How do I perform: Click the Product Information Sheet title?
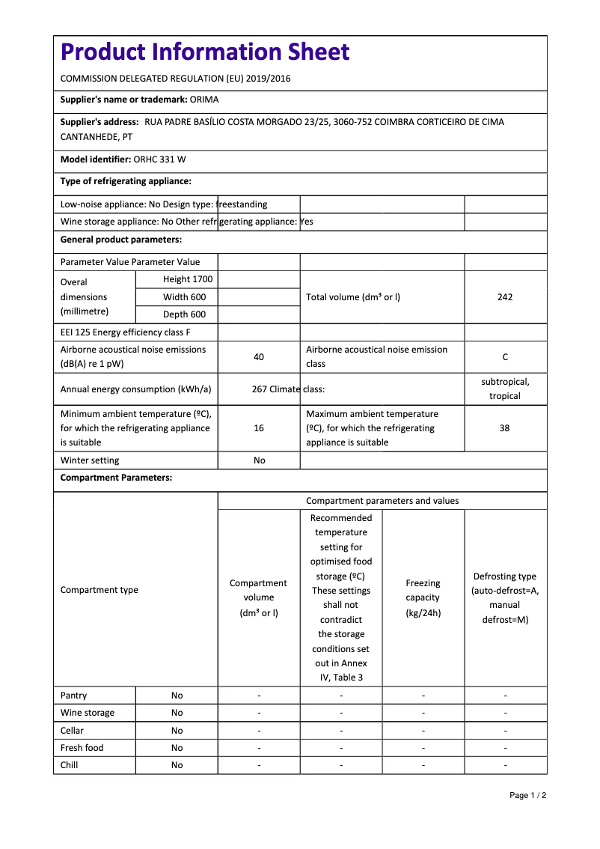tap(205, 52)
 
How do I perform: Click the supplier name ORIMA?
tap(204, 100)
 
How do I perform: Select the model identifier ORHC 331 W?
tap(160, 159)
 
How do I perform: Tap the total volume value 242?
tap(505, 297)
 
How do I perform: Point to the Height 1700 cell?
tap(188, 279)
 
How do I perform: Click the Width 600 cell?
tap(185, 297)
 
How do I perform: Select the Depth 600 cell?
tap(185, 314)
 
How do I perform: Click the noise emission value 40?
tap(259, 357)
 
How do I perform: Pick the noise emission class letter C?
tap(505, 357)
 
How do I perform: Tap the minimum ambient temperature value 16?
tap(259, 428)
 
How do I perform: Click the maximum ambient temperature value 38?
tap(505, 428)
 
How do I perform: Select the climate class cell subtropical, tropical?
tap(505, 389)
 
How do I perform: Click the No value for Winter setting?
tap(259, 460)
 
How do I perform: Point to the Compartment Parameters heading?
tap(116, 478)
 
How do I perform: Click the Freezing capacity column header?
tap(423, 597)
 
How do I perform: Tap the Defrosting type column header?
tap(505, 597)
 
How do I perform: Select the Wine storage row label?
tap(88, 713)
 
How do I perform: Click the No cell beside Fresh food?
tap(177, 748)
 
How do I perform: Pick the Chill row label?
tap(70, 765)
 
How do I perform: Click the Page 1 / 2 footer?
tap(527, 795)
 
